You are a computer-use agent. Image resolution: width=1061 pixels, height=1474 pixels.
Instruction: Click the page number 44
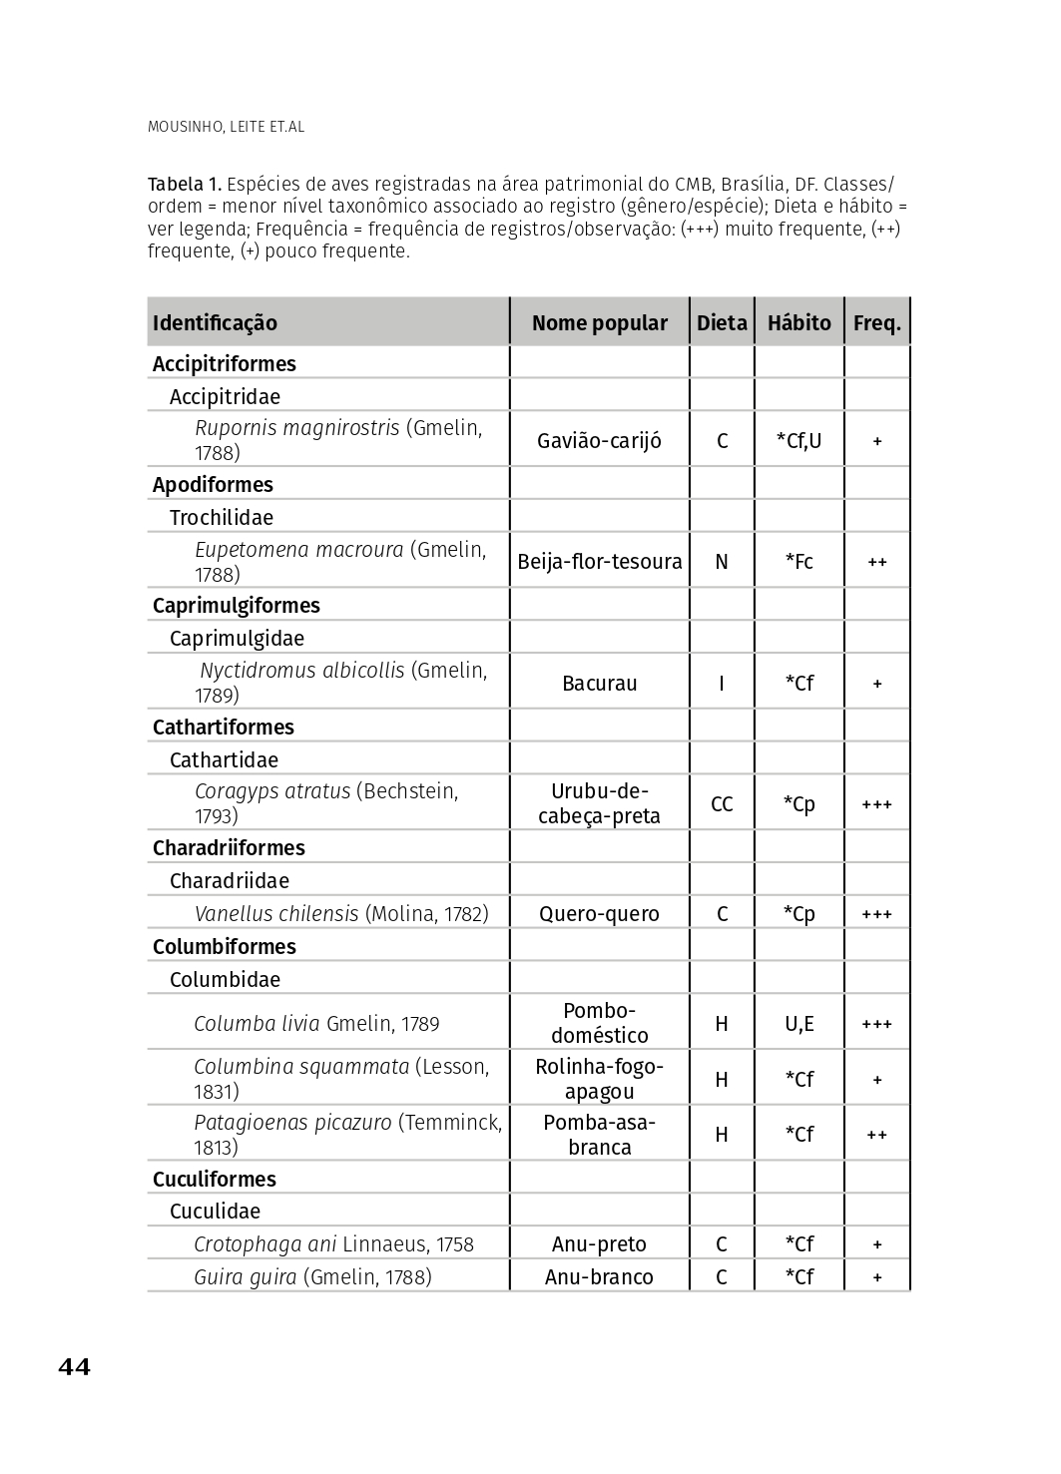[74, 1367]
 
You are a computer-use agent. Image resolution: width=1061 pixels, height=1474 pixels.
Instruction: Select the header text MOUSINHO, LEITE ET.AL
[226, 127]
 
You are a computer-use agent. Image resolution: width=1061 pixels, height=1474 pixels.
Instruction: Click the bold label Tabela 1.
[184, 185]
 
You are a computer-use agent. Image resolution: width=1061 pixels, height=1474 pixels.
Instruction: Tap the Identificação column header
[215, 323]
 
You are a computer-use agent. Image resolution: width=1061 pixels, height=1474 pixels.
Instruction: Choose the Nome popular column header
[599, 323]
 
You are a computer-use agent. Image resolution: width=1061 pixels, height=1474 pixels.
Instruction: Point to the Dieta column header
[722, 323]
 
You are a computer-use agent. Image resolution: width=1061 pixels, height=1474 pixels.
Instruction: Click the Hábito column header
[798, 323]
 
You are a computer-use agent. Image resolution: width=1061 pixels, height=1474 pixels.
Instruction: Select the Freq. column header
[876, 323]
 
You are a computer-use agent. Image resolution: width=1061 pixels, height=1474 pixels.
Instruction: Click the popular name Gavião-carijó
[599, 441]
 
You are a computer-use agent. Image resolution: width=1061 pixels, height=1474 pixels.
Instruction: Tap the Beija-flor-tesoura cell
[599, 562]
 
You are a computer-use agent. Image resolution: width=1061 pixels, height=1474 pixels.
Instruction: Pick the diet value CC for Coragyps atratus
[722, 804]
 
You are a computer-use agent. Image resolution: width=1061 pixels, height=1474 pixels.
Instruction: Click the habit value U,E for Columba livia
[798, 1024]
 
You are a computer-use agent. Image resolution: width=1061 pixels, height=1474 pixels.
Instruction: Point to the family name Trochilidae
[221, 518]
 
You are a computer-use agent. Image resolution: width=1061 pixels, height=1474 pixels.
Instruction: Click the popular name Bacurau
[599, 684]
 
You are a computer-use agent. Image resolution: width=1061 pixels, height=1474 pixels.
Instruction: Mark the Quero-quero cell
[599, 914]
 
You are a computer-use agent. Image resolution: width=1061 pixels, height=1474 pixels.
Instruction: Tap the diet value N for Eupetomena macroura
[722, 562]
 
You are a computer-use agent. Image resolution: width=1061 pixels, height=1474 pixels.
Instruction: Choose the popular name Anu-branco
[599, 1277]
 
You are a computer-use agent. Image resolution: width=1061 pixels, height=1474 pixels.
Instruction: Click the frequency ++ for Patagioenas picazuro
[876, 1136]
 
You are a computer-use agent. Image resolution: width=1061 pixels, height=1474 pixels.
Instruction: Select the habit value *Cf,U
[798, 441]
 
